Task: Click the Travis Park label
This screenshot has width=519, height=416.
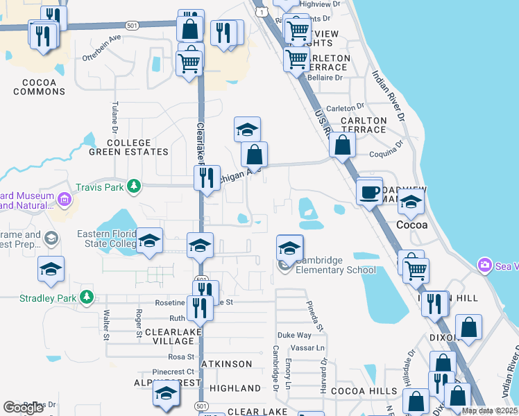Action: [x=100, y=186]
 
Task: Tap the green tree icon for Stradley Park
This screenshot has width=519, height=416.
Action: [x=87, y=298]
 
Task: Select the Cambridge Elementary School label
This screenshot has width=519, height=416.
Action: [x=336, y=265]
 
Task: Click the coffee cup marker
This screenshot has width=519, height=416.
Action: [x=370, y=191]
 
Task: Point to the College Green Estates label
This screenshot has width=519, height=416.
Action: [x=128, y=147]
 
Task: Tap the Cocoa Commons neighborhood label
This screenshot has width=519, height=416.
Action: [x=39, y=87]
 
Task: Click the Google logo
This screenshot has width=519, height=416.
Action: [x=23, y=408]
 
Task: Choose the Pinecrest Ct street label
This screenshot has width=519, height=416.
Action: [x=173, y=372]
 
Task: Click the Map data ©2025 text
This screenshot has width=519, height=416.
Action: [x=489, y=410]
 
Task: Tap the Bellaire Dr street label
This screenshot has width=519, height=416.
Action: [x=326, y=78]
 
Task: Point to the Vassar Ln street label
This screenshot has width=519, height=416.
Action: [x=311, y=347]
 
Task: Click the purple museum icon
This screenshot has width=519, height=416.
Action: [x=65, y=200]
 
